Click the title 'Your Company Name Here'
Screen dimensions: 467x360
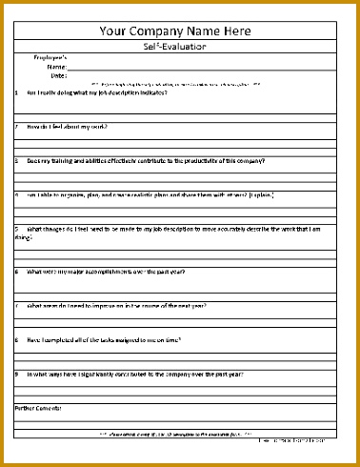[179, 30]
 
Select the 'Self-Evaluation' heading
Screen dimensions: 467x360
[179, 46]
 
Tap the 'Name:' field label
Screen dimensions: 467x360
[56, 67]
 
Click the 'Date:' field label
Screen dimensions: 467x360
[58, 75]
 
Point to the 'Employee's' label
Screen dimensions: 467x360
[51, 58]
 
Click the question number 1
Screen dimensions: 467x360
[17, 92]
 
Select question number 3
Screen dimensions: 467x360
[17, 161]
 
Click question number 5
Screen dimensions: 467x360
[17, 230]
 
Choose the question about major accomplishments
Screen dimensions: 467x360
[105, 272]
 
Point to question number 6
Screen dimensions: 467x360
[17, 272]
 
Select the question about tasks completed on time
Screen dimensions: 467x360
[105, 340]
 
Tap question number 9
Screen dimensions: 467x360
[17, 375]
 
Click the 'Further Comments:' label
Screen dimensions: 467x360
[39, 408]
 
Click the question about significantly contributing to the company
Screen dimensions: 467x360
[134, 375]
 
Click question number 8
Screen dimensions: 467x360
[17, 340]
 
